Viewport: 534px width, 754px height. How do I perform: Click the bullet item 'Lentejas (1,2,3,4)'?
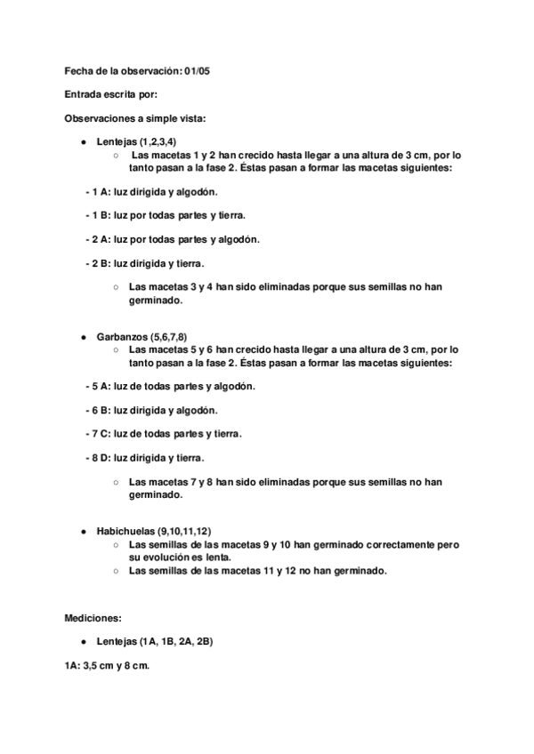[x=136, y=142]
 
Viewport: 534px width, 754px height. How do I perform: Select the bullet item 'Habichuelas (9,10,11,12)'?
[x=154, y=530]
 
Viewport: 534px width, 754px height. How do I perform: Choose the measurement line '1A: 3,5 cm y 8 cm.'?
[x=107, y=665]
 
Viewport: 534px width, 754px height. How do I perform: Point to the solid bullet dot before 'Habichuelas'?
[x=83, y=530]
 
